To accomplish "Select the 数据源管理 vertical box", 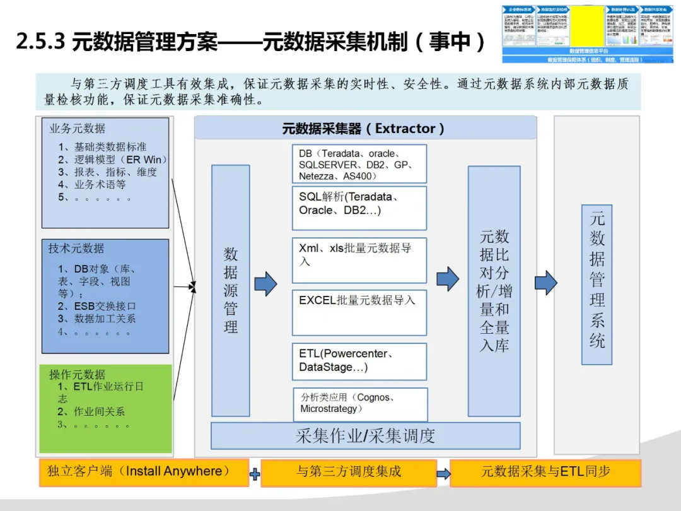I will pyautogui.click(x=231, y=290).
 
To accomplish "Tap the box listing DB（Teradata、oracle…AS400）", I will pyautogui.click(x=359, y=164).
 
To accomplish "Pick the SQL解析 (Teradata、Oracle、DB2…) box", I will pyautogui.click(x=359, y=208).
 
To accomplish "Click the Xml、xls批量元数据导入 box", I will pyautogui.click(x=359, y=260).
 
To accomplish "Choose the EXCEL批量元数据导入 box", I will pyautogui.click(x=359, y=312).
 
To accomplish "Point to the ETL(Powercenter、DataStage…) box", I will pyautogui.click(x=359, y=361).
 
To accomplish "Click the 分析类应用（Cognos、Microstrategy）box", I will pyautogui.click(x=360, y=404).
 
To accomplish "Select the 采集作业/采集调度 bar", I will pyautogui.click(x=365, y=436).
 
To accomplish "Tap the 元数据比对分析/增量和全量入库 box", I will pyautogui.click(x=494, y=291).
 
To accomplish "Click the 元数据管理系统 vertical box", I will pyautogui.click(x=597, y=285).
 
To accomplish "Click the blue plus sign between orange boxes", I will pyautogui.click(x=255, y=474).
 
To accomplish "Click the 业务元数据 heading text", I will pyautogui.click(x=78, y=129).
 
